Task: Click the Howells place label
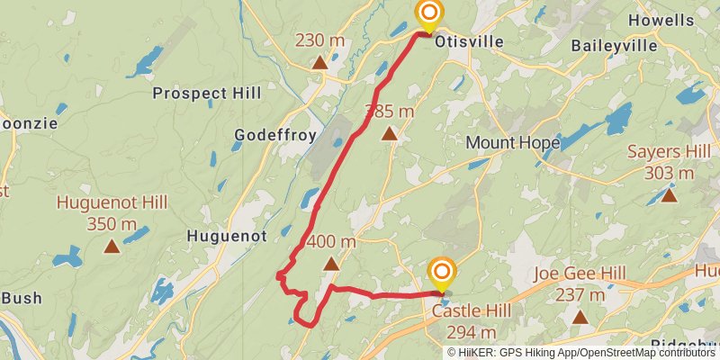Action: point(661,20)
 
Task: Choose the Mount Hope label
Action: point(512,142)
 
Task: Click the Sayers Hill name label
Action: point(668,151)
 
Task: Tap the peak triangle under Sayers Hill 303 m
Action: point(669,194)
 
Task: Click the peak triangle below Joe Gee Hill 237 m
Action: point(580,317)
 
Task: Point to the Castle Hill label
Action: point(472,311)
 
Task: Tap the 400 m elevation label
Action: point(331,241)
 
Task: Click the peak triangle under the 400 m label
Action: point(331,264)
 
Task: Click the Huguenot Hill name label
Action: point(112,202)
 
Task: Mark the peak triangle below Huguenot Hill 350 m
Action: point(112,246)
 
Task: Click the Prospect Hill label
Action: point(207,93)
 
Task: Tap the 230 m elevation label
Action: point(320,40)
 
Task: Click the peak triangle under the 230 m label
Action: point(319,63)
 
